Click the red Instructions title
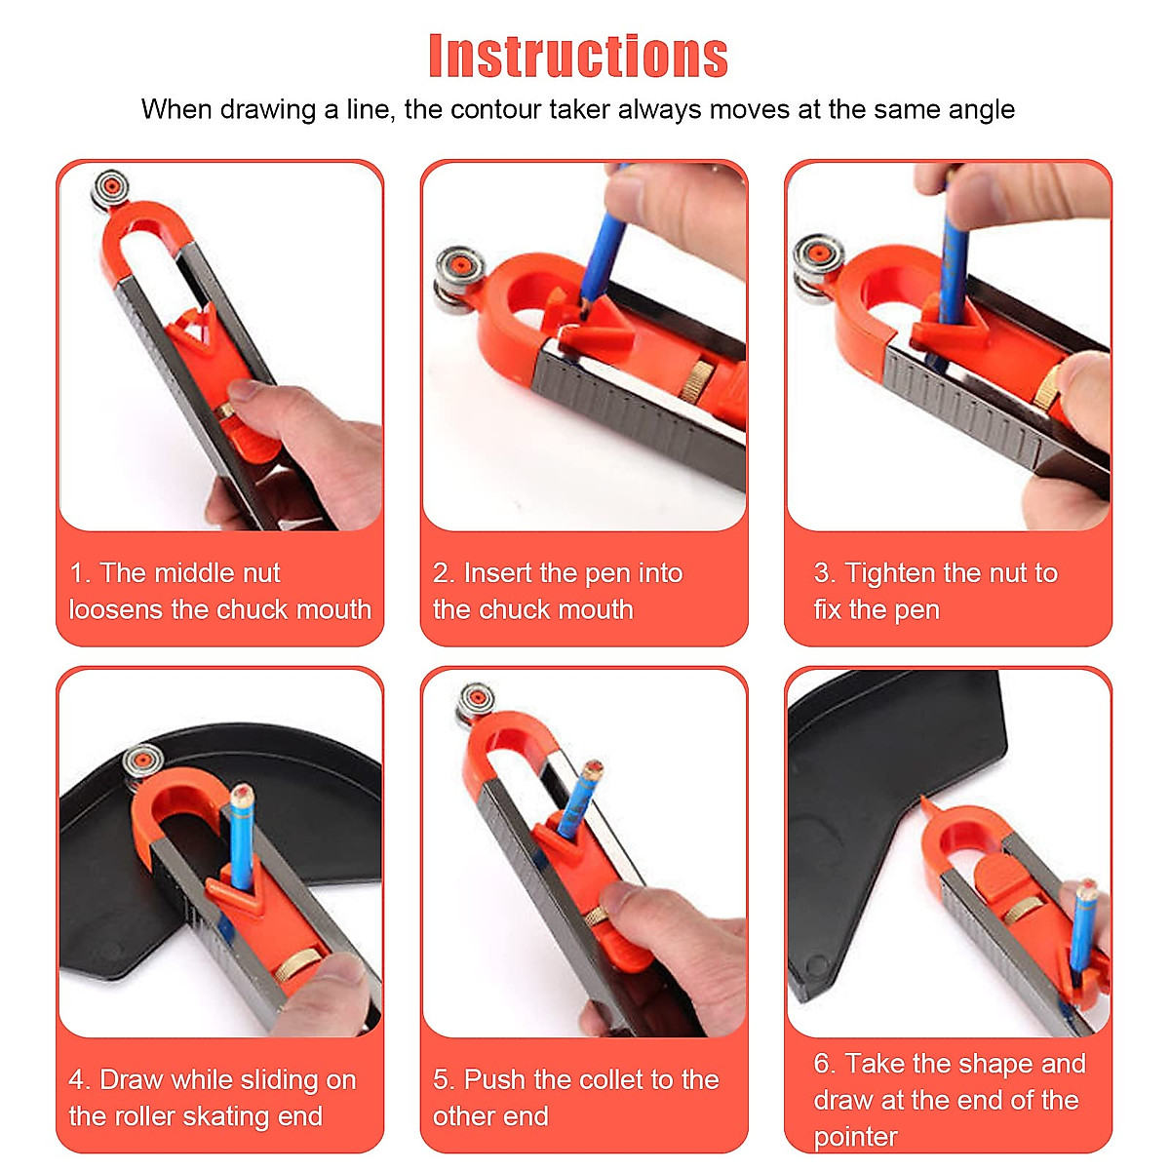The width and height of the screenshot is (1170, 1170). pos(578,56)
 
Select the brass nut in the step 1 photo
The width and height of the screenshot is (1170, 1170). pos(224,411)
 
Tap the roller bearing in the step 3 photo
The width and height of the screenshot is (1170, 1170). pos(817,260)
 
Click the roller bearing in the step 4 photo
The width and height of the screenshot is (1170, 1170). pos(143,760)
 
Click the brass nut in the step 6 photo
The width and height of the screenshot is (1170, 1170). pos(1023,909)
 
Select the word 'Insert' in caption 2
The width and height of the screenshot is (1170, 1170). pos(497,573)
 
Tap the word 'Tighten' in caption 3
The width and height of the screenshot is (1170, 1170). pos(890,573)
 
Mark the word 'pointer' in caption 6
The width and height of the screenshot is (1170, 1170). pos(855,1137)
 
